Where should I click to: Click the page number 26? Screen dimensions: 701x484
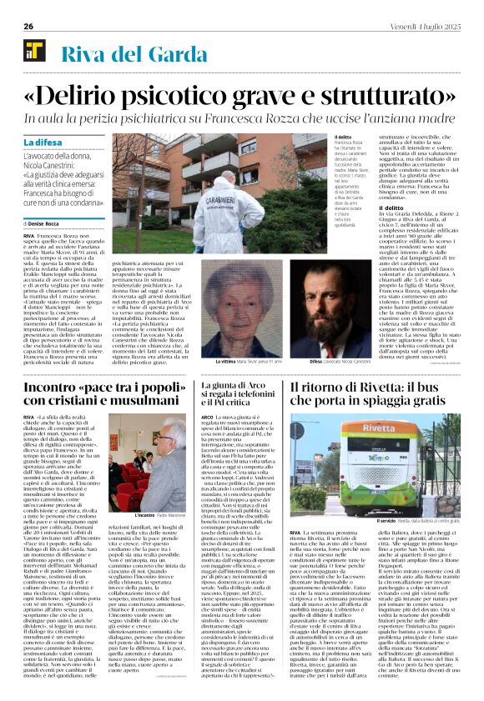click(x=18, y=27)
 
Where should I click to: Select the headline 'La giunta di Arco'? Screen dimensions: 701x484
click(x=234, y=386)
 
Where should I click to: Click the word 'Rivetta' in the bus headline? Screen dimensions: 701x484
click(x=379, y=388)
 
